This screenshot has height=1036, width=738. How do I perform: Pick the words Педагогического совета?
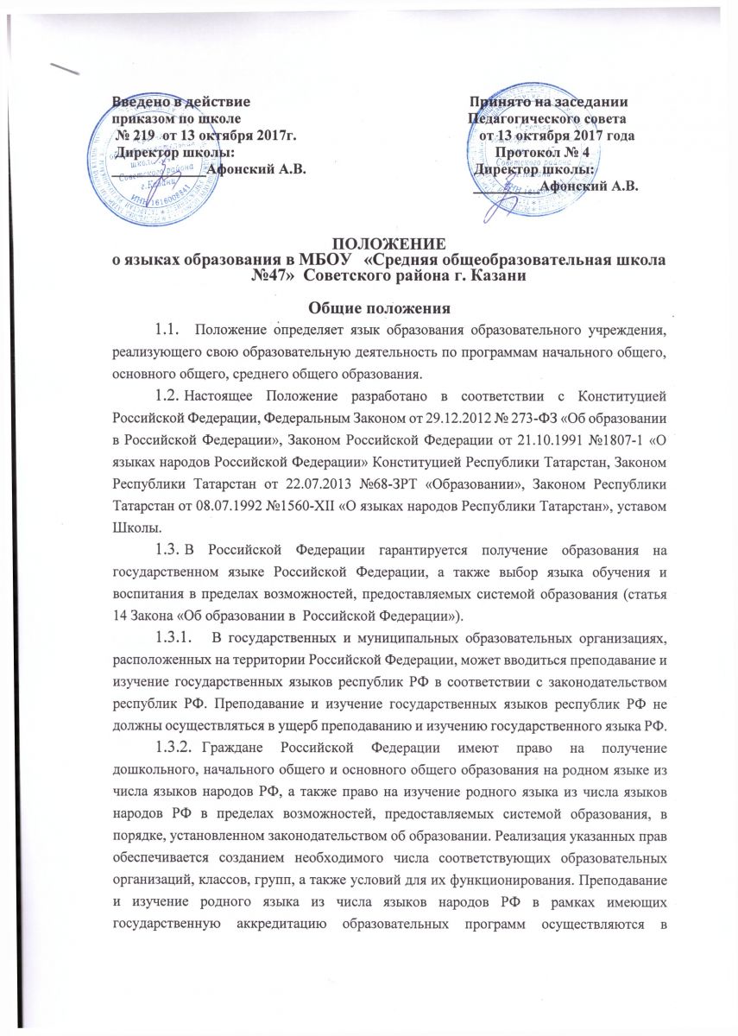tap(547, 119)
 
